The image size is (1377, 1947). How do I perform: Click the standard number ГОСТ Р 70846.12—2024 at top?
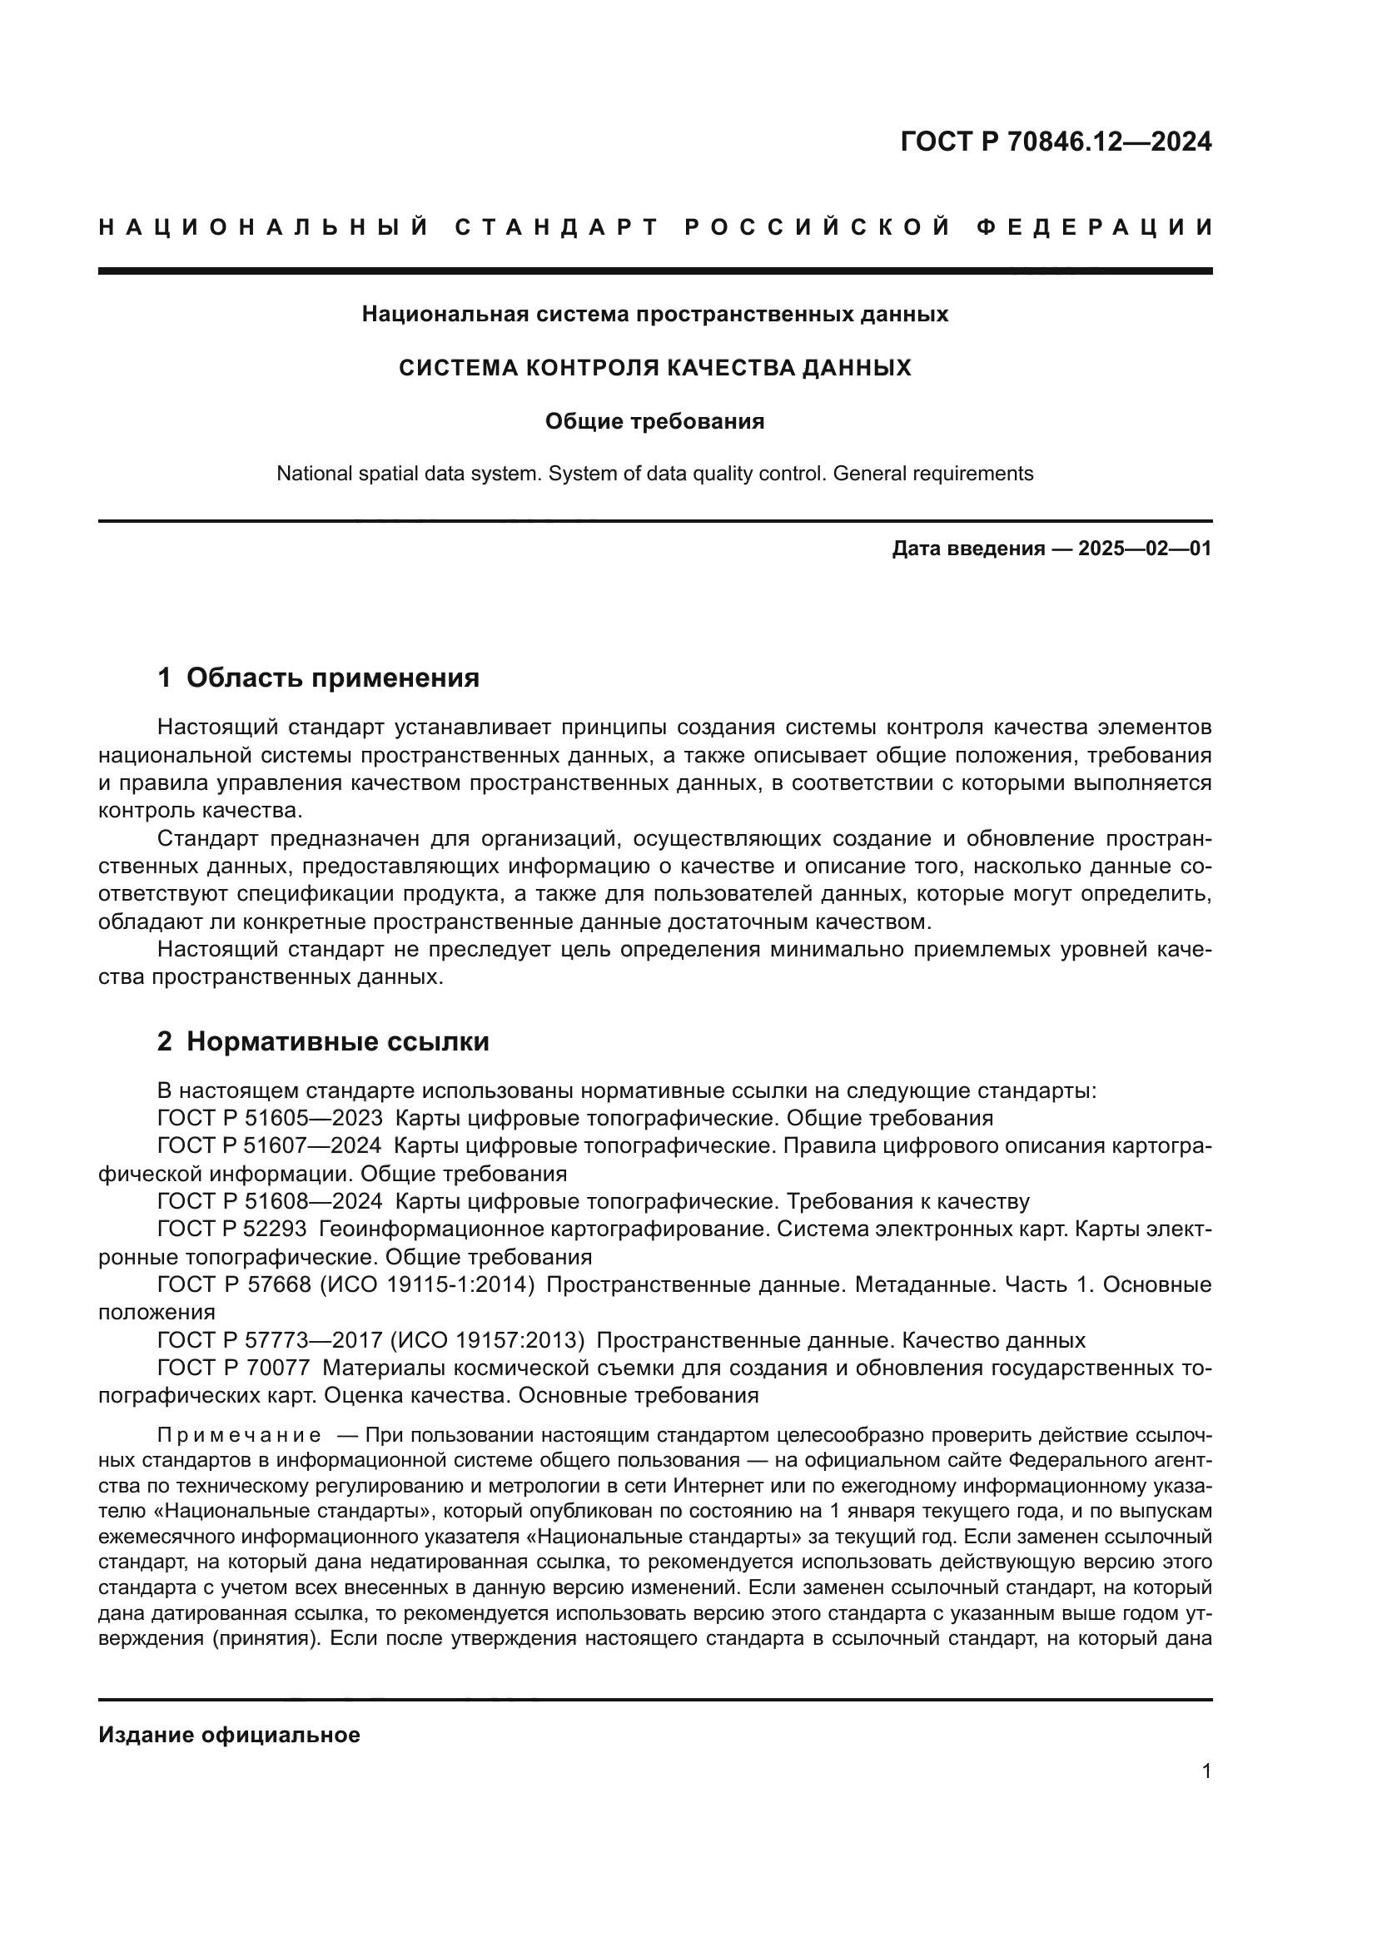pyautogui.click(x=1056, y=142)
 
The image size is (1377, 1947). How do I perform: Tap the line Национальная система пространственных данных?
pyautogui.click(x=654, y=314)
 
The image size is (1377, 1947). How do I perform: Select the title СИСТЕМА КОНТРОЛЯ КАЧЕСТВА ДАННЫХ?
pyautogui.click(x=654, y=368)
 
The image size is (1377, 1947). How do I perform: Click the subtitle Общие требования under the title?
pyautogui.click(x=654, y=421)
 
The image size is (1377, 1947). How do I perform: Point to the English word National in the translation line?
pyautogui.click(x=311, y=473)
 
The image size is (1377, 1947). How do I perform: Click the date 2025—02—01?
pyautogui.click(x=1144, y=549)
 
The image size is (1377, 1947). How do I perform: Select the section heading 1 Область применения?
pyautogui.click(x=318, y=678)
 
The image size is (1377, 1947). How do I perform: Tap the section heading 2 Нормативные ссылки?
pyautogui.click(x=323, y=1041)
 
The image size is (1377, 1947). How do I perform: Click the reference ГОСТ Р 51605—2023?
pyautogui.click(x=270, y=1118)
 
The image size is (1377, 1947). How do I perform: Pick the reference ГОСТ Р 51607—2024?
pyautogui.click(x=270, y=1145)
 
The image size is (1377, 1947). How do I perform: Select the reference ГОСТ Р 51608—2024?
pyautogui.click(x=270, y=1201)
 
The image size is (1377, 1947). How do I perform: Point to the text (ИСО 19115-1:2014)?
pyautogui.click(x=426, y=1284)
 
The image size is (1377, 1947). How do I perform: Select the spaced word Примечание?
pyautogui.click(x=239, y=1435)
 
